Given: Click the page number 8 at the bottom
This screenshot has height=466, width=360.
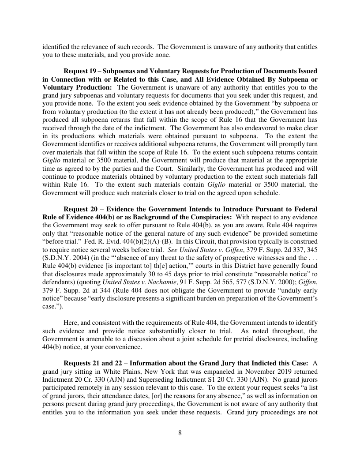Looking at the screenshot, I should pos(180,433).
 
